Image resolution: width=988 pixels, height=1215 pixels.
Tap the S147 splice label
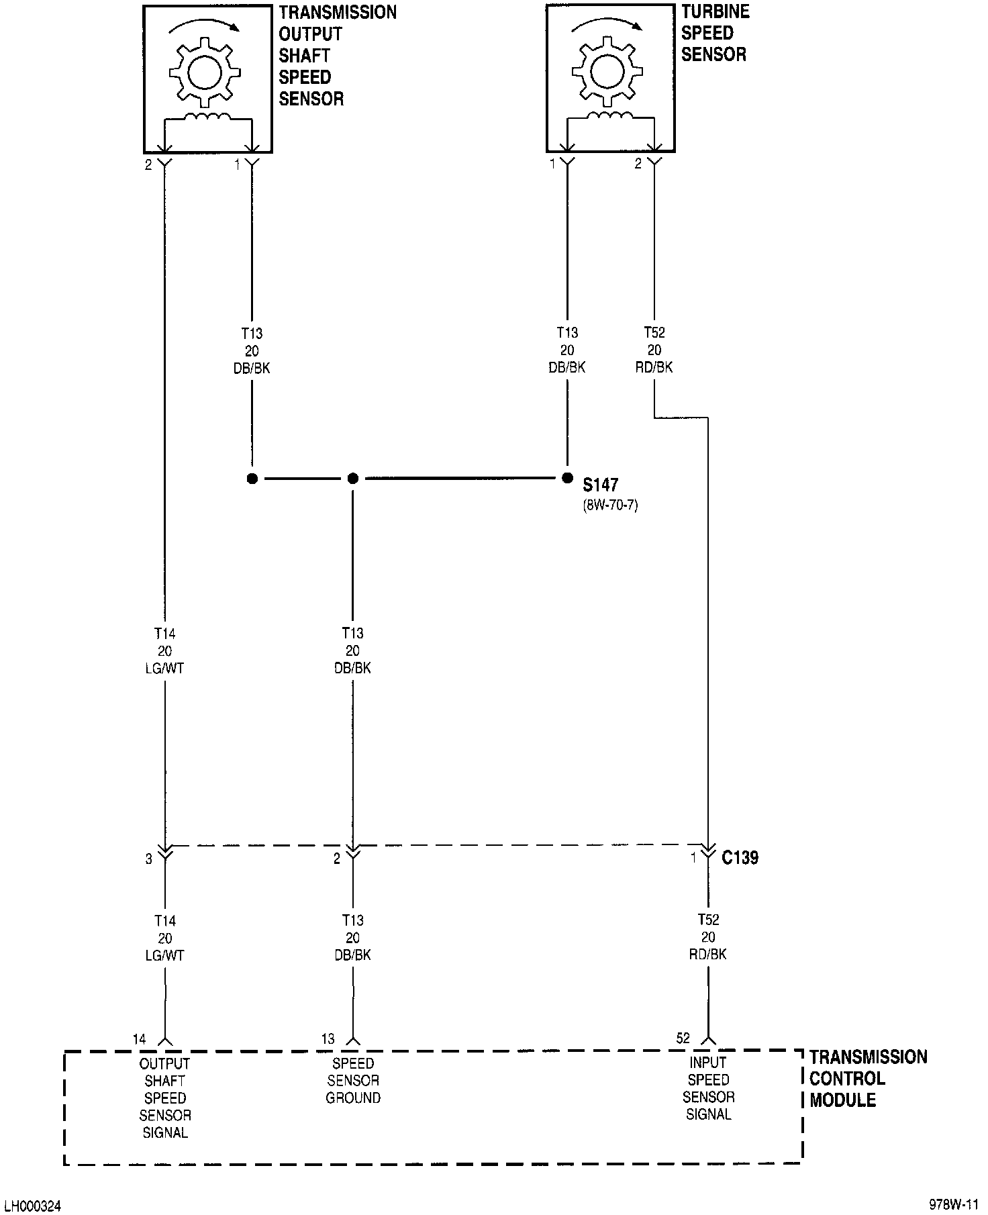point(601,485)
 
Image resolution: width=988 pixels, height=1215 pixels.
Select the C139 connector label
point(740,858)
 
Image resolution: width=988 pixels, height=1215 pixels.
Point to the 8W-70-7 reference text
point(610,505)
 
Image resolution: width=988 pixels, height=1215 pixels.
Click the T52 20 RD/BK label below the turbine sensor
point(654,350)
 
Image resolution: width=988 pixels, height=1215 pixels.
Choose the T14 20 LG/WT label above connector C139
point(164,650)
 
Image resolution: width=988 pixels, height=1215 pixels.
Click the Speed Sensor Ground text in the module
point(353,1081)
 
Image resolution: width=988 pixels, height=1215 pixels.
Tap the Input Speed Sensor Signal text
point(708,1088)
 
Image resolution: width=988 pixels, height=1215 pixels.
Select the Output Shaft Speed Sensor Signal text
point(165,1098)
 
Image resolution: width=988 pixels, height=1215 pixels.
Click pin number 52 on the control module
point(683,1038)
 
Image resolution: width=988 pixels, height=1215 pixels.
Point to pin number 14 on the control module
point(139,1039)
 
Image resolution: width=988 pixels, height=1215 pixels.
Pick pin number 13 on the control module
point(328,1039)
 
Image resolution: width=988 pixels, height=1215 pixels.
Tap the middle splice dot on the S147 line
point(353,479)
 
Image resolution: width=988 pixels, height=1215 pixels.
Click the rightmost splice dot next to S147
point(567,479)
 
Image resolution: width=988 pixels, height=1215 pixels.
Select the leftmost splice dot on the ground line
point(252,479)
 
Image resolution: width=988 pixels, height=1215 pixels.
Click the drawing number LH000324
point(32,1206)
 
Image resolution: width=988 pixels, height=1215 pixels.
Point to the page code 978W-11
point(954,1204)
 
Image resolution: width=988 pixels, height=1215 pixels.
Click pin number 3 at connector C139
point(149,859)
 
